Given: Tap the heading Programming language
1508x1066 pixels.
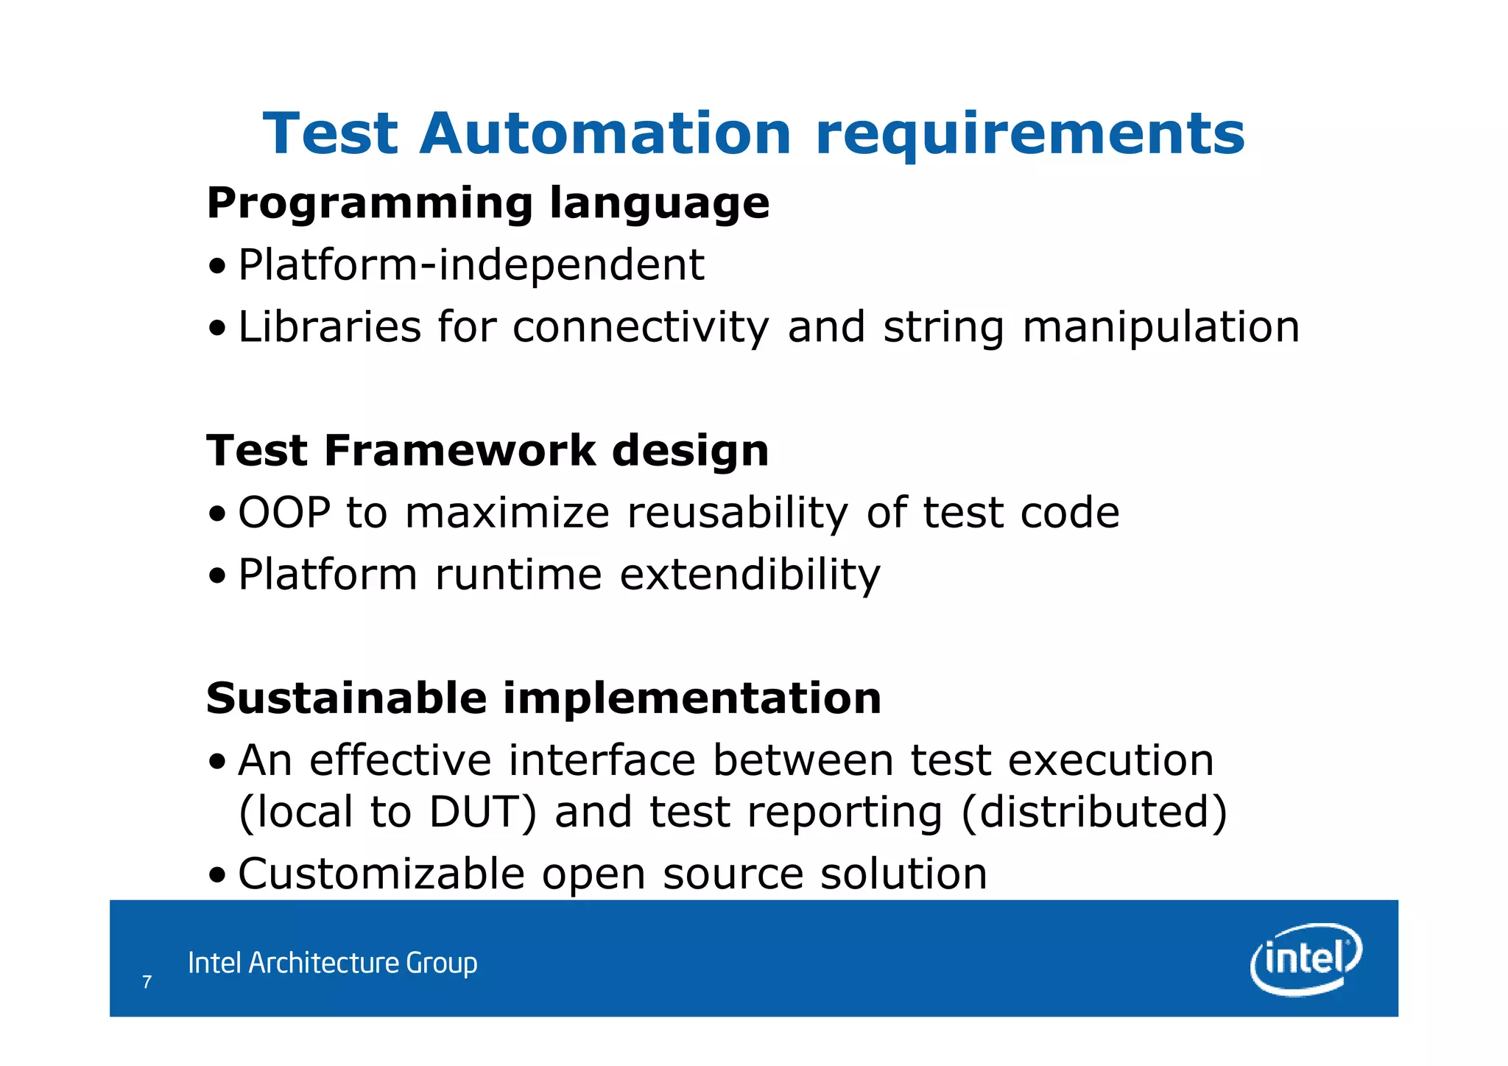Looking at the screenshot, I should pyautogui.click(x=487, y=203).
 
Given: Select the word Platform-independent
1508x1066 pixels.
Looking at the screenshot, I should pyautogui.click(x=471, y=265).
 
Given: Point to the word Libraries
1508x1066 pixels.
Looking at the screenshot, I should pyautogui.click(x=329, y=327).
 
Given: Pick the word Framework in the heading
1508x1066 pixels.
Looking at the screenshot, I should pyautogui.click(x=459, y=451).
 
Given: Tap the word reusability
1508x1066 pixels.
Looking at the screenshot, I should pyautogui.click(x=737, y=514).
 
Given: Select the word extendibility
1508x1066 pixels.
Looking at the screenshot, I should pyautogui.click(x=750, y=575).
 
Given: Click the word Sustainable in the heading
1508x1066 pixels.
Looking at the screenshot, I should pyautogui.click(x=346, y=698).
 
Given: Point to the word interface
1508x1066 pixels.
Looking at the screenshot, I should pyautogui.click(x=602, y=760).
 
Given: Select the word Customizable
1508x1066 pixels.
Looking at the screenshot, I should pyautogui.click(x=381, y=874).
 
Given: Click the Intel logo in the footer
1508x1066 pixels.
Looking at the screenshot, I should pyautogui.click(x=1305, y=959).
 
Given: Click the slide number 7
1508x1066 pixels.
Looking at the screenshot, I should pyautogui.click(x=147, y=982).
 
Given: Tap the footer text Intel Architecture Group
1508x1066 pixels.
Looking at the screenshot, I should pyautogui.click(x=332, y=963).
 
